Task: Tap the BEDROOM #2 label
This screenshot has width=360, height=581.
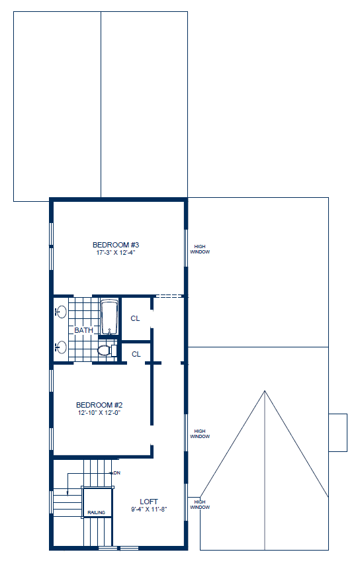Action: [x=99, y=405]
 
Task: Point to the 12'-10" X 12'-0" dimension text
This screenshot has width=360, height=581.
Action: [x=99, y=412]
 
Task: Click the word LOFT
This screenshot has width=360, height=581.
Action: [x=149, y=502]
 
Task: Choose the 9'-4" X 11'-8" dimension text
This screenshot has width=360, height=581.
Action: [x=149, y=509]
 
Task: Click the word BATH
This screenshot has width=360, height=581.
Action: [x=83, y=330]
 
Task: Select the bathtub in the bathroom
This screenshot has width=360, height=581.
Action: [x=109, y=317]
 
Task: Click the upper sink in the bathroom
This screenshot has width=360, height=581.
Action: [x=62, y=312]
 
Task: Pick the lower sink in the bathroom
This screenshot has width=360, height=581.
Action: [x=62, y=347]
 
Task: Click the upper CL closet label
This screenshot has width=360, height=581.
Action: [x=135, y=318]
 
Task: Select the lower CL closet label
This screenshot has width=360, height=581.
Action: [x=136, y=354]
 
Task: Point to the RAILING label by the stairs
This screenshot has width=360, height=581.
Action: [x=97, y=512]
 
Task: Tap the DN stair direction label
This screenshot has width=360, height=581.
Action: [x=117, y=473]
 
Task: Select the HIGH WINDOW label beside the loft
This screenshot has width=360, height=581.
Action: [x=201, y=505]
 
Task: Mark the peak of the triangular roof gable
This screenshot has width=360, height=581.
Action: [x=265, y=391]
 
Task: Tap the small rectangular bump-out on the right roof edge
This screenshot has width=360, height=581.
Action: [x=337, y=433]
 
